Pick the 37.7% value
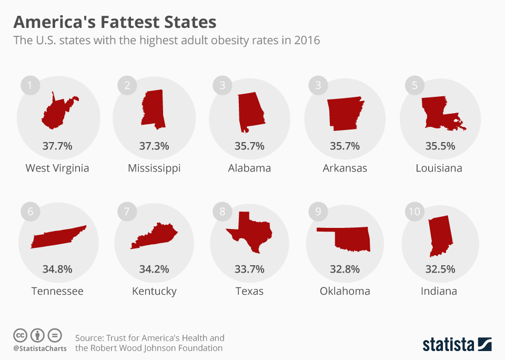coord(57,146)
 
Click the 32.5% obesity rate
coord(440,269)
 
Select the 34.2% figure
coord(154,269)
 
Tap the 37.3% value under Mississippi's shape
coord(154,146)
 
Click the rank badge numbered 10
coord(415,212)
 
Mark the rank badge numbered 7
coord(126,212)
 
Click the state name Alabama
coord(249,168)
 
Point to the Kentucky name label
coord(154,291)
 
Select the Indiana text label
coord(439,291)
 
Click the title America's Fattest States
coord(115,22)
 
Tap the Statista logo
coord(457,345)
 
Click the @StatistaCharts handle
coord(40,348)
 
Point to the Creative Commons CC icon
coord(20,335)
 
